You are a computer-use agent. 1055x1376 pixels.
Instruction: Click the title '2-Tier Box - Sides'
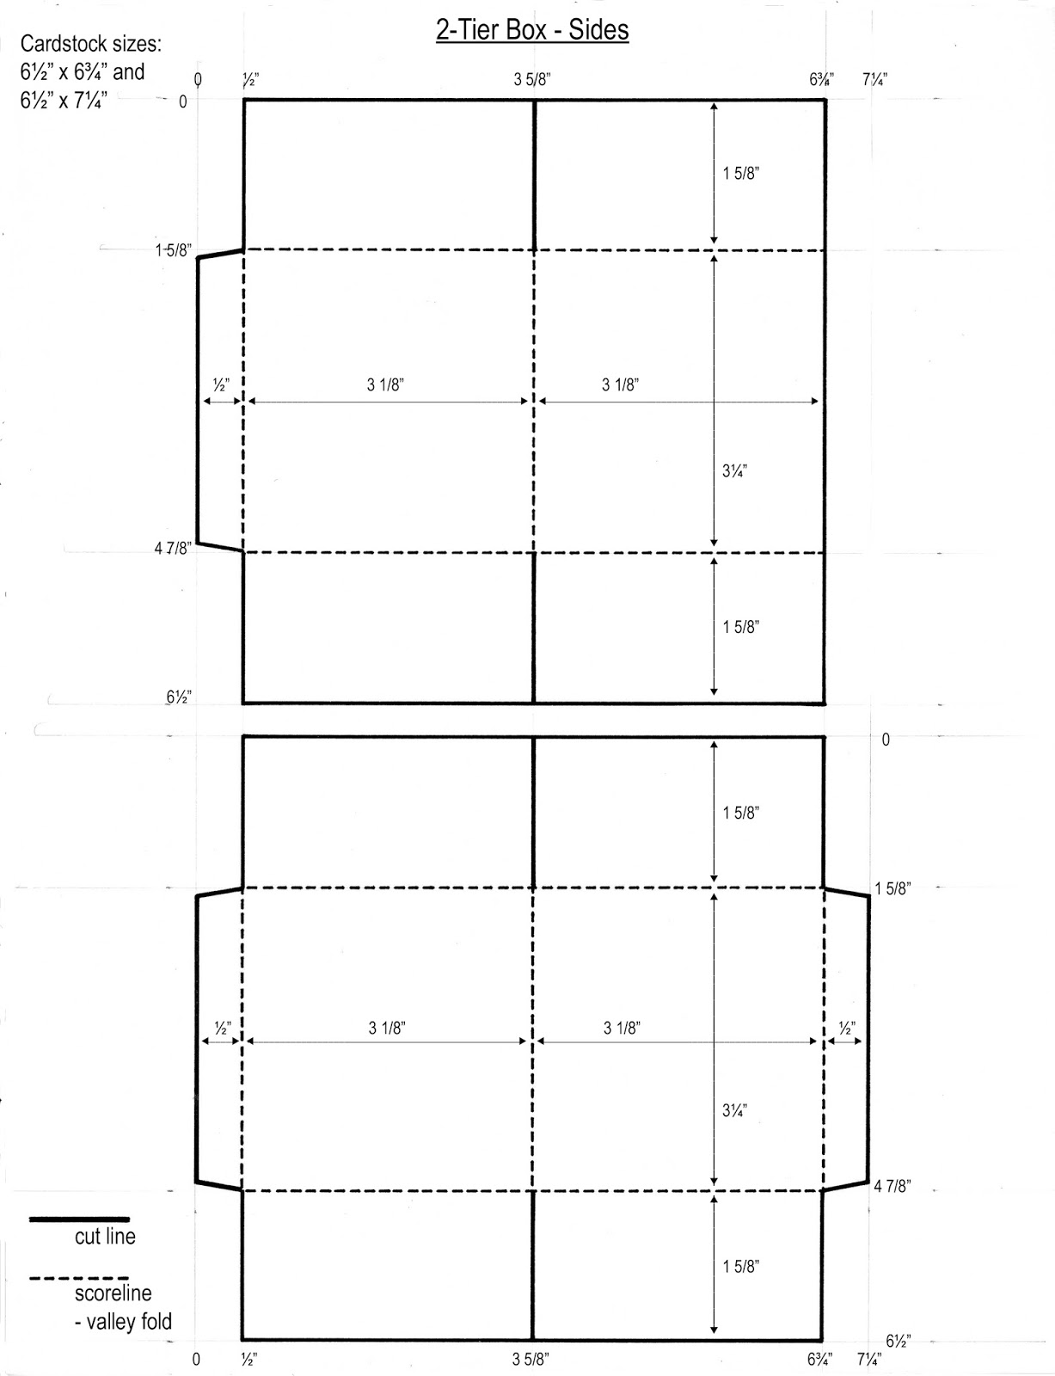532,30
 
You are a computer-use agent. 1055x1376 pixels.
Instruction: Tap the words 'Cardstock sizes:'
91,44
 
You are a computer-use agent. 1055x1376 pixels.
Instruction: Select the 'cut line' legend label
105,1236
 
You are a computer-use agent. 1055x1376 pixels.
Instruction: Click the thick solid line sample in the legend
79,1219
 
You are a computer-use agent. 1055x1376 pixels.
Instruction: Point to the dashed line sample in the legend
79,1279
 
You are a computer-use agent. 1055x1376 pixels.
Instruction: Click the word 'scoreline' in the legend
113,1293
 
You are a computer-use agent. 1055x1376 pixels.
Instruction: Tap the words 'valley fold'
129,1322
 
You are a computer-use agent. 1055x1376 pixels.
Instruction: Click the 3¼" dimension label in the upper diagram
735,471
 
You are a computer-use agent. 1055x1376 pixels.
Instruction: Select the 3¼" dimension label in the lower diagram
735,1110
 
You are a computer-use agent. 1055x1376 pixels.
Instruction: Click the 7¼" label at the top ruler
875,80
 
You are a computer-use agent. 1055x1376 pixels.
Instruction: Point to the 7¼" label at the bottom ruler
869,1360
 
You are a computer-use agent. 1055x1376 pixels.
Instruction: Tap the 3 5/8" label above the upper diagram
532,80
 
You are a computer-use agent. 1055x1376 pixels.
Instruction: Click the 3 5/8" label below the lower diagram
531,1360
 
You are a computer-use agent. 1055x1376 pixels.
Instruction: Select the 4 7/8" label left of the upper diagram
173,549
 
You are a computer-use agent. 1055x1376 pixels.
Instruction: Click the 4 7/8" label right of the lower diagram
892,1186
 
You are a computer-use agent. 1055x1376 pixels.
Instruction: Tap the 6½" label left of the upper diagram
179,697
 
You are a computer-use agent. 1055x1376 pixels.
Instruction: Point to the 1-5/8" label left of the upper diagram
174,251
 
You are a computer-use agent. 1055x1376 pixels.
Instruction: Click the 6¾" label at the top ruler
821,80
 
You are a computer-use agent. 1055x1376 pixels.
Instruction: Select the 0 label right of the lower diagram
886,740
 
